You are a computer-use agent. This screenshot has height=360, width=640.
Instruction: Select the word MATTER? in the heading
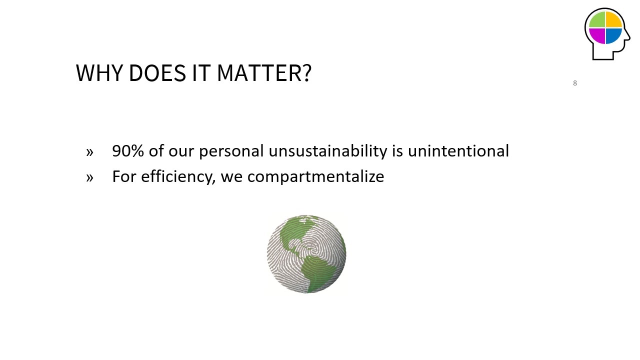264,73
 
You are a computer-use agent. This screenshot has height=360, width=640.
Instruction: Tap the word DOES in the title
157,73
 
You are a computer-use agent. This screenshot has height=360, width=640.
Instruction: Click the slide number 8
575,83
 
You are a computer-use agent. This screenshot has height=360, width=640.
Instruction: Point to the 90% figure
128,151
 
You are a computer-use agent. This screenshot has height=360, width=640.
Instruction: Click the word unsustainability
327,151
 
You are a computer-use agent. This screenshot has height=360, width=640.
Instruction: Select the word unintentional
458,151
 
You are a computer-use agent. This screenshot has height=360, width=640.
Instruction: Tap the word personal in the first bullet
231,151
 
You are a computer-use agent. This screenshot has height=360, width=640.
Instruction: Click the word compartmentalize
315,176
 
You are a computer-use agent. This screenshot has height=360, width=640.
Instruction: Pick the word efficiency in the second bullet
178,176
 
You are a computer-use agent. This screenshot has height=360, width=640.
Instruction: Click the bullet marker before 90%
89,152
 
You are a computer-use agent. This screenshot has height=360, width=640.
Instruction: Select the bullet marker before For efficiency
89,177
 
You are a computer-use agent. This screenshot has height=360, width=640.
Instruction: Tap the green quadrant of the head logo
597,20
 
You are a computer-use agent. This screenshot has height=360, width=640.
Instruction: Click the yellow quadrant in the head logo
613,20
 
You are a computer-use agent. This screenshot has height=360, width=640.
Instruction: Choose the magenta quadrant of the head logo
597,36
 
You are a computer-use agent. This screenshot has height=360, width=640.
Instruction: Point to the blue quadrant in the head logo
613,36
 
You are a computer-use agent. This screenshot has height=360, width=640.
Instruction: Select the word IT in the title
201,73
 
